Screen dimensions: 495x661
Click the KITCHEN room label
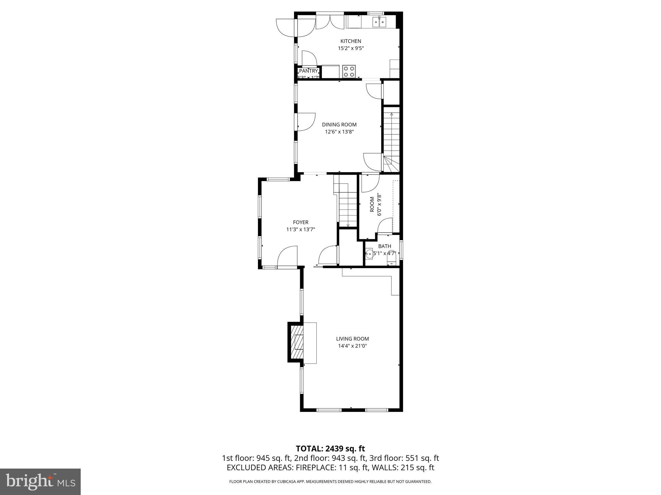[x=351, y=41]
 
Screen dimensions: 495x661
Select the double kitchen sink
[x=380, y=22]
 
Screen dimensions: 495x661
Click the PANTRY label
[x=309, y=71]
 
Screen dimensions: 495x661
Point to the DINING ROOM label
[x=339, y=125]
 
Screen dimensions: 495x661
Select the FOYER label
[x=300, y=222]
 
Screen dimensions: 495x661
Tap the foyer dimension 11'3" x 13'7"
[x=300, y=229]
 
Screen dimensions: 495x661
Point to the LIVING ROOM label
[x=352, y=339]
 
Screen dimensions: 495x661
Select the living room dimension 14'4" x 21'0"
[x=352, y=346]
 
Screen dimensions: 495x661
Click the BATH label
[x=385, y=246]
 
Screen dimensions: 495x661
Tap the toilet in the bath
[x=392, y=258]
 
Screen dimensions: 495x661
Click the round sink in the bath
[x=369, y=253]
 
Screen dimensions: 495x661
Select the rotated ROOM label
[x=372, y=205]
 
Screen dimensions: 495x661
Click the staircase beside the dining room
[x=391, y=139]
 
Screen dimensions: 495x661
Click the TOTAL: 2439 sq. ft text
[x=330, y=449]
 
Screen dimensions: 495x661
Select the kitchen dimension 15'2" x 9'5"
[x=351, y=48]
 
